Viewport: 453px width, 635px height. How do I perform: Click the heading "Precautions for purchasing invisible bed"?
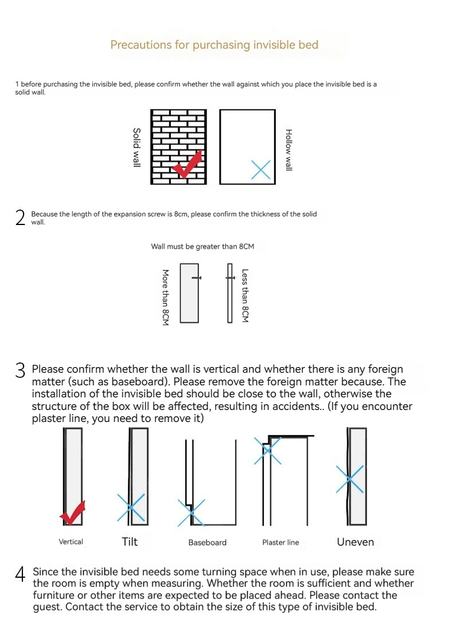[x=214, y=45]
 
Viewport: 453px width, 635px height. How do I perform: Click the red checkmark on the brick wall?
[x=189, y=164]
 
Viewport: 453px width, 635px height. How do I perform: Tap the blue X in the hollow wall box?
[x=261, y=169]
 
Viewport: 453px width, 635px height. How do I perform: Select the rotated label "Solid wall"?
[x=136, y=147]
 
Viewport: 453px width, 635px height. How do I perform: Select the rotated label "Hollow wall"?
[x=289, y=149]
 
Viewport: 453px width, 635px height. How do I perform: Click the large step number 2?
[x=21, y=218]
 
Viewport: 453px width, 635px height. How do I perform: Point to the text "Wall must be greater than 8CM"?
[x=202, y=247]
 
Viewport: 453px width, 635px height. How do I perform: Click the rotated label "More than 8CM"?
[x=165, y=298]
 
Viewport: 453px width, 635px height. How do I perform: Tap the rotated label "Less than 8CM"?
[x=245, y=296]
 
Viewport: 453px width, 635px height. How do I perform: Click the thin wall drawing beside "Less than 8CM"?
[x=230, y=293]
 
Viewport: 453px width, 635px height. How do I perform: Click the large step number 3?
[x=21, y=371]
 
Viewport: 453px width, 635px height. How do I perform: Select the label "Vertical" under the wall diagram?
[x=71, y=542]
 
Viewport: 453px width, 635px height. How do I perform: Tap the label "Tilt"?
[x=130, y=542]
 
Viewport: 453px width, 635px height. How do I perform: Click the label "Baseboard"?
[x=207, y=542]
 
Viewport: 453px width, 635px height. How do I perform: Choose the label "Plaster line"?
[x=280, y=542]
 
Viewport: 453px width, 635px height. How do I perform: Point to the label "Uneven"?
[x=355, y=542]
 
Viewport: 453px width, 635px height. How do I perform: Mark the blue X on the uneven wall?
[x=350, y=478]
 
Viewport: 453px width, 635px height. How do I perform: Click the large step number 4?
[x=21, y=574]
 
